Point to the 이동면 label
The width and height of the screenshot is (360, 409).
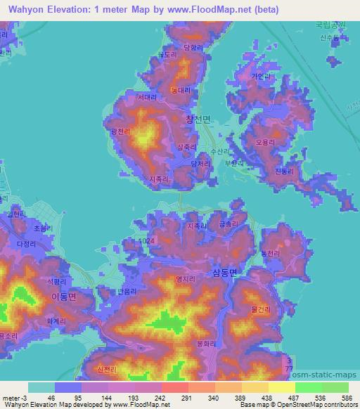pyautogui.click(x=63, y=297)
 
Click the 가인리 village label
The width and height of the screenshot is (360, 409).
pyautogui.click(x=260, y=77)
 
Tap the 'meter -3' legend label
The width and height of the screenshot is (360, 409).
pyautogui.click(x=14, y=397)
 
